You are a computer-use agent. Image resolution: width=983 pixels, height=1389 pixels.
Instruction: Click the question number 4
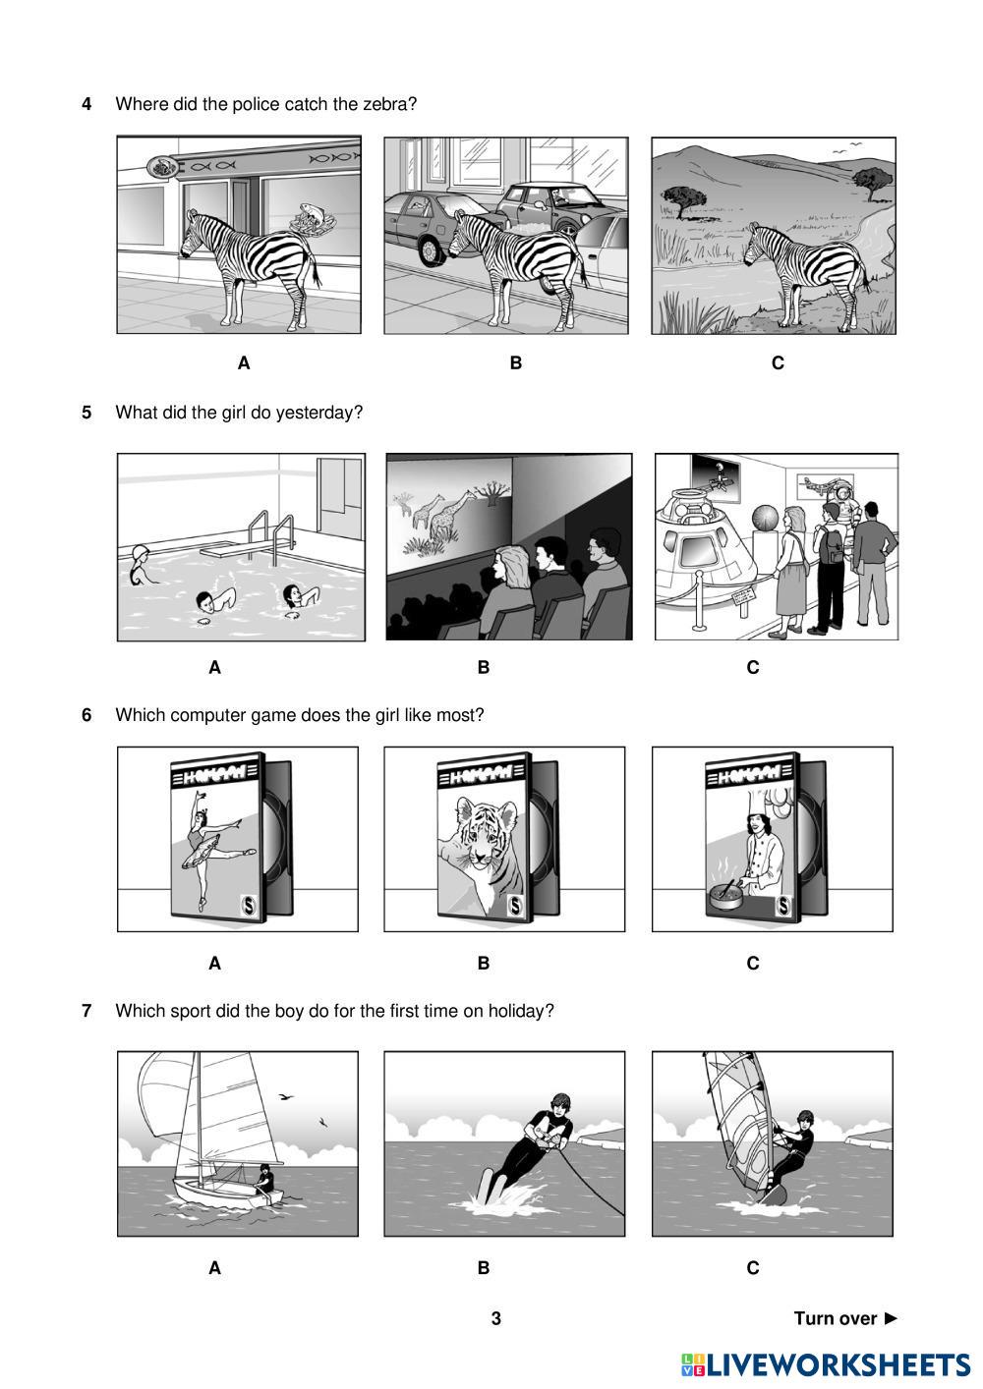tap(87, 104)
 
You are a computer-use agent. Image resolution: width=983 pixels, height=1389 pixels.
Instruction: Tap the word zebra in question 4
tap(384, 104)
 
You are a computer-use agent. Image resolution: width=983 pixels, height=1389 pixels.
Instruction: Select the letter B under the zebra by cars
tap(516, 362)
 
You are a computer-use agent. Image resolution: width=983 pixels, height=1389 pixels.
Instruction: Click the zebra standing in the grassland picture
tap(805, 274)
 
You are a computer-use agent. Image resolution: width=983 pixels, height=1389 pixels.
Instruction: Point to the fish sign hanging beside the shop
tap(162, 167)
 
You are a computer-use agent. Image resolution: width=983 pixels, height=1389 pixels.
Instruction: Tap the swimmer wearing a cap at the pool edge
tap(141, 565)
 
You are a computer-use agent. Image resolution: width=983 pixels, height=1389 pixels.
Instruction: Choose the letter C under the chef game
tap(753, 963)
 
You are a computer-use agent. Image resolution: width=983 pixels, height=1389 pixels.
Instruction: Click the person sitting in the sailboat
tap(264, 1179)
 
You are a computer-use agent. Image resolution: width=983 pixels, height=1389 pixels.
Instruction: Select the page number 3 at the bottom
tap(495, 1318)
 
